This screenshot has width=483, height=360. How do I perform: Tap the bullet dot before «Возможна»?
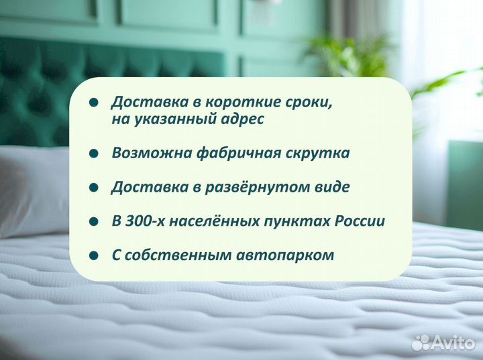(94, 154)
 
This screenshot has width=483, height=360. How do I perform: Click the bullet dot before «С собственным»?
(94, 256)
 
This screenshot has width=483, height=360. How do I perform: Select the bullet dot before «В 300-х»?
(94, 222)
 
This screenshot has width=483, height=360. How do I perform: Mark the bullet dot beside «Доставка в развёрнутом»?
(94, 188)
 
